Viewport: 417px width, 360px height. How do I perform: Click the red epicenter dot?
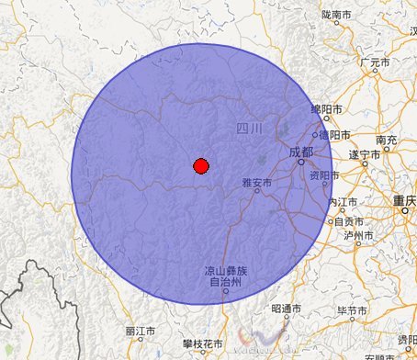201,165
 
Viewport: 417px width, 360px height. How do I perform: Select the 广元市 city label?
376,62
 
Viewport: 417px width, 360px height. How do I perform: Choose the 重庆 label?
404,199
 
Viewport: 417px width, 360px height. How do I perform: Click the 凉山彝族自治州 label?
225,276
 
